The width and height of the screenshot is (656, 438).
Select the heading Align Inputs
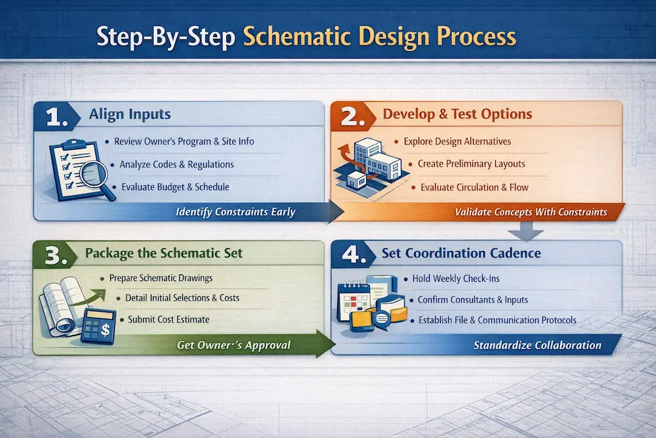point(130,114)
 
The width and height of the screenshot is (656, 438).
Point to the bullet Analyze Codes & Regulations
point(176,164)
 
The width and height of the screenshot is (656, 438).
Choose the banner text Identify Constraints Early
point(236,212)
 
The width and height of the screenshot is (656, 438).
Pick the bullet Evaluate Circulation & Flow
point(474,187)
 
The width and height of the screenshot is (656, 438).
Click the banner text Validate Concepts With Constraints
point(531,212)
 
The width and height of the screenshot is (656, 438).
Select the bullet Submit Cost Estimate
point(169,319)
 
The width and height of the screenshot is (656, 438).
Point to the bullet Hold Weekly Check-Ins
point(456,278)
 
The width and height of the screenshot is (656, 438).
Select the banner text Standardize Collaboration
point(537,345)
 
